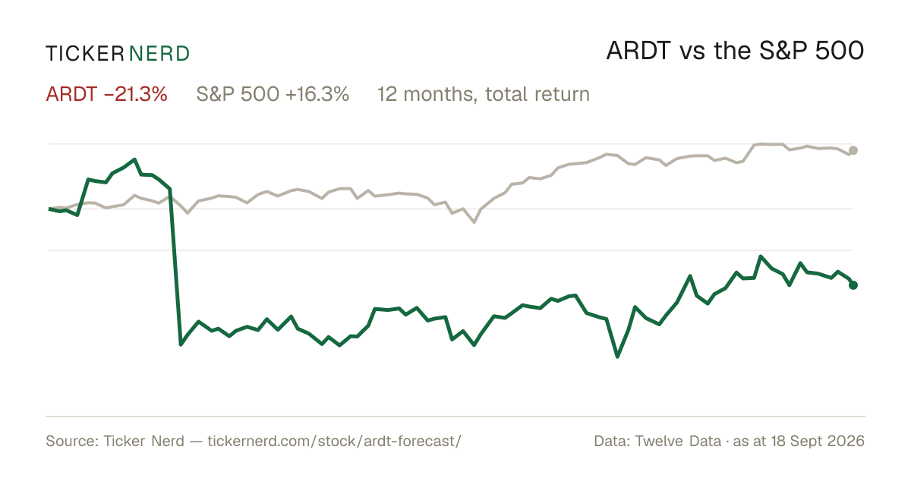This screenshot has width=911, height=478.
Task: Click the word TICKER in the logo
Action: coord(84,54)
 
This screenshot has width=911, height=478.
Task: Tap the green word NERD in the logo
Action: coord(159,54)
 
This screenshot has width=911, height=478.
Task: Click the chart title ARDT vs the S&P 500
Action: coord(735,51)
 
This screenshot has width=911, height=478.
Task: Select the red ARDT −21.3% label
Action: coord(106,94)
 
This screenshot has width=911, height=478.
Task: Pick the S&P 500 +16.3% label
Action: coord(273,94)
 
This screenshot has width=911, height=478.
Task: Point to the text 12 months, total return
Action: coord(484,94)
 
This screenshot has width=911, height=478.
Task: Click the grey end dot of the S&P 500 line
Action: coord(853,150)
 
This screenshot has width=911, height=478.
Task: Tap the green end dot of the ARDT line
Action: coord(853,285)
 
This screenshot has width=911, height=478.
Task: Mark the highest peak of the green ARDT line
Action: coord(134,159)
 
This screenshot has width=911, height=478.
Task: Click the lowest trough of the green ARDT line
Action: coord(617,357)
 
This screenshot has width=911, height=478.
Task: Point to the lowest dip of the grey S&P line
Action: coord(474,222)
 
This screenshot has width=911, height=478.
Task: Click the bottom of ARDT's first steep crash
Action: coord(181,344)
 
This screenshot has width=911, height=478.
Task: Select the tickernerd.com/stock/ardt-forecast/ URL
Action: coord(334,441)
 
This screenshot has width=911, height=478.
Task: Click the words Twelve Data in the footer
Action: coord(678,441)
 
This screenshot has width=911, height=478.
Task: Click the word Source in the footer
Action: coord(71,441)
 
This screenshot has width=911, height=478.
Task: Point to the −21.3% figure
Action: coord(136,94)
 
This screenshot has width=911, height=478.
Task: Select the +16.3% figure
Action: coord(317,94)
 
